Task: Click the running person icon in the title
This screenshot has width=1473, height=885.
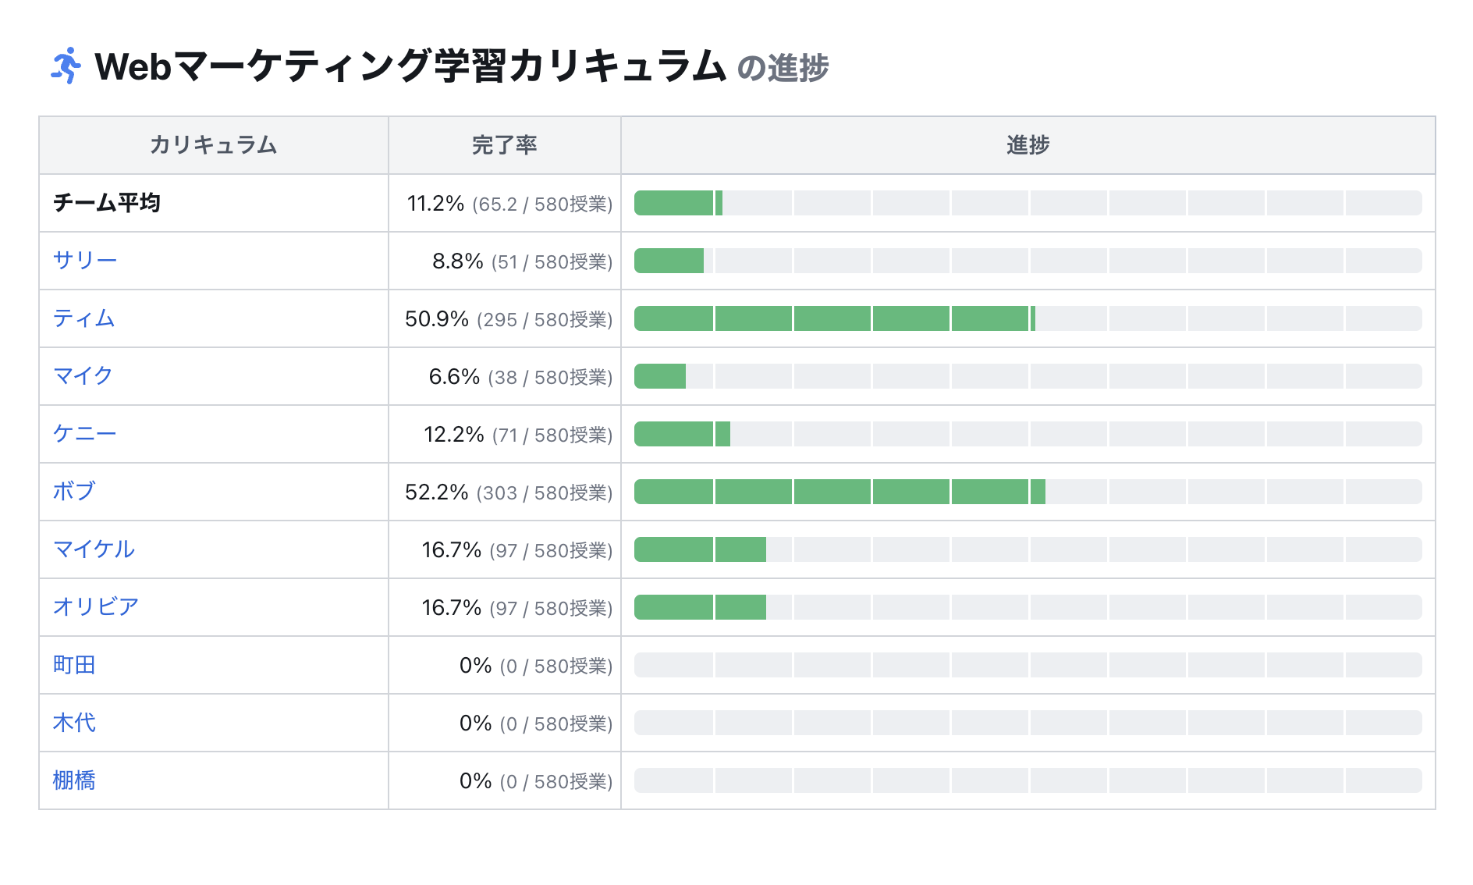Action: [x=66, y=66]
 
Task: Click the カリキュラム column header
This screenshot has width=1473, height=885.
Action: [x=213, y=145]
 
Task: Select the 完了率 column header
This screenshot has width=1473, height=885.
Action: [x=504, y=145]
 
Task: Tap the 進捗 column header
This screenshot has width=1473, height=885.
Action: [x=1028, y=145]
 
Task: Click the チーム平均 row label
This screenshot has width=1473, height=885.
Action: [x=107, y=203]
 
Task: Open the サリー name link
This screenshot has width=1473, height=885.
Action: [x=84, y=261]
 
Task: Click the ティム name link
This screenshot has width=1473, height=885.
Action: [x=83, y=318]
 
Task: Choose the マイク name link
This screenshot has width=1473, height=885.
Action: [x=83, y=376]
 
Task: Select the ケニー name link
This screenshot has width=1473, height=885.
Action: [x=84, y=434]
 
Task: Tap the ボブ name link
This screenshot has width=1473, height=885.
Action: [x=73, y=492]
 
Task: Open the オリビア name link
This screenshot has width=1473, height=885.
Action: [x=95, y=607]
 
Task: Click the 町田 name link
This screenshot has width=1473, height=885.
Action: [x=73, y=665]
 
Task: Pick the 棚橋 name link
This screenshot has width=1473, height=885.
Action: [x=73, y=780]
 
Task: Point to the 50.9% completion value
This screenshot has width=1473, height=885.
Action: [x=436, y=318]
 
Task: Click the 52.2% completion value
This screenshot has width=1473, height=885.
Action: [x=436, y=492]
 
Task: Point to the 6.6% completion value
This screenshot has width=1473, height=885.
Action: [x=454, y=376]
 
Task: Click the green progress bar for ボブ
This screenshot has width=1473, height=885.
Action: [x=839, y=492]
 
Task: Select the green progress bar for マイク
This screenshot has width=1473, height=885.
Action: [x=660, y=376]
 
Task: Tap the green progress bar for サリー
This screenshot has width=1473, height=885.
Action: [x=669, y=261]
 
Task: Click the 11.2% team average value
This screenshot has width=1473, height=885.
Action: [x=435, y=203]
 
